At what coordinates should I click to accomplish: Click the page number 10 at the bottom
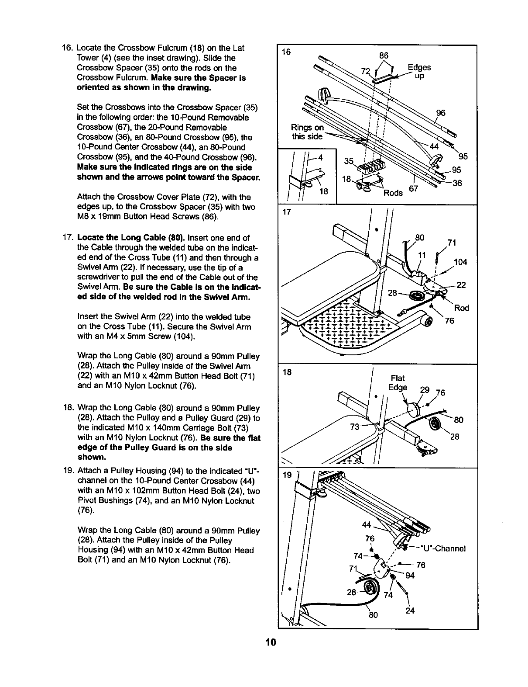(271, 642)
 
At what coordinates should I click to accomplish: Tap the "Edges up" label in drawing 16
(419, 71)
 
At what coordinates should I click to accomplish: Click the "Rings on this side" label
(307, 132)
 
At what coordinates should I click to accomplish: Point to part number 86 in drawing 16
(384, 56)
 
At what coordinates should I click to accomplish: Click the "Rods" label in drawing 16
(393, 193)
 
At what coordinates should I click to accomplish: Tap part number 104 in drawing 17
(461, 262)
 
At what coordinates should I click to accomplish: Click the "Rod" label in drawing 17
(462, 308)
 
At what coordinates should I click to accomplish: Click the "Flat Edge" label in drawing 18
(398, 383)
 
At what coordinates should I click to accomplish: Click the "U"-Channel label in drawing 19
(443, 548)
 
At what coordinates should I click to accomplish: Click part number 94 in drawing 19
(410, 576)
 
